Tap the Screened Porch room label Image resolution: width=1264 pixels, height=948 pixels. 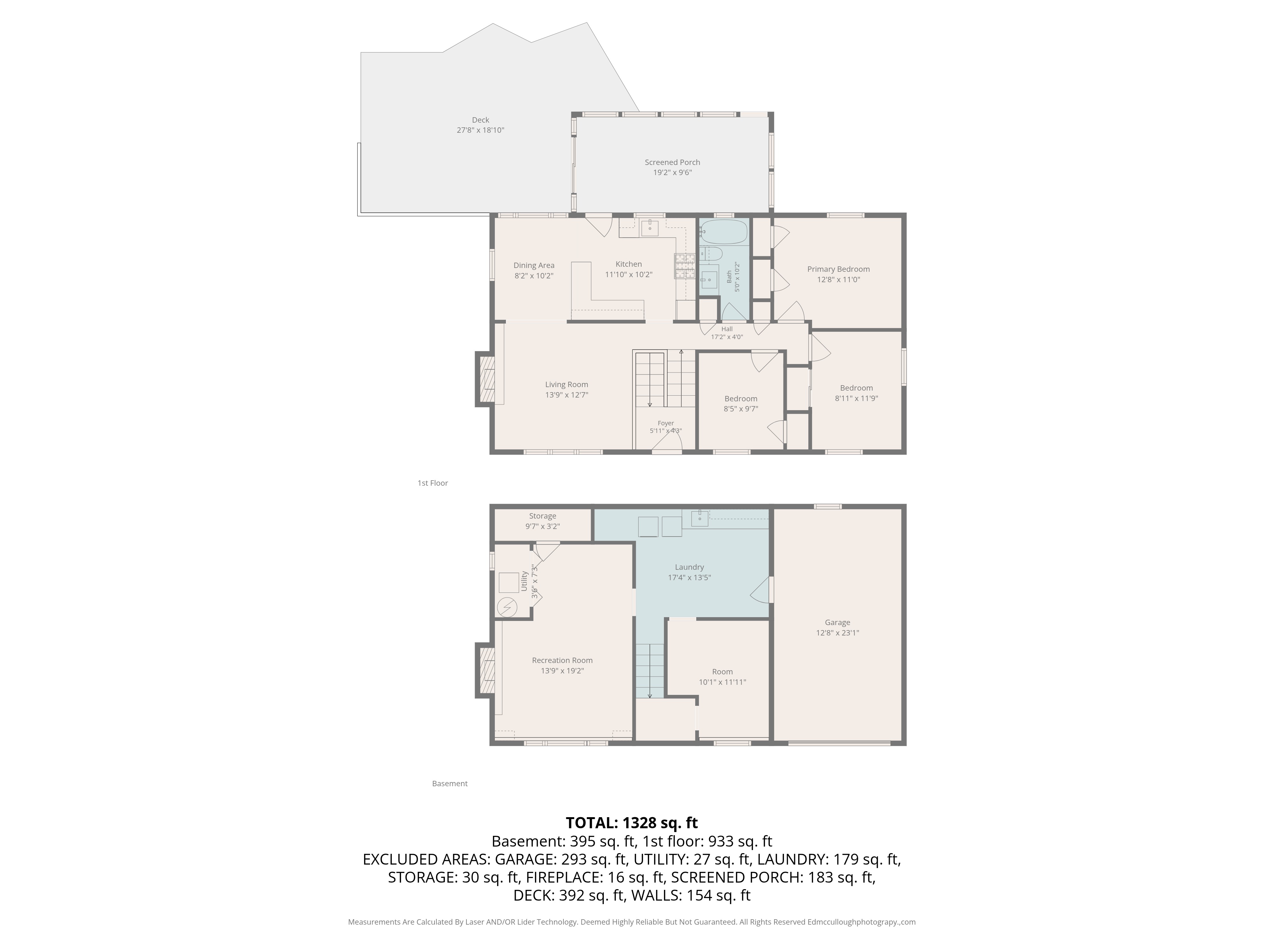(x=672, y=162)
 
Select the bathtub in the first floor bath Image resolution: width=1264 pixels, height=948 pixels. (x=723, y=232)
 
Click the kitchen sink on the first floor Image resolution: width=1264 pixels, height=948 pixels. (x=650, y=228)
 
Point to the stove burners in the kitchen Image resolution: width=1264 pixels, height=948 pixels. (x=684, y=266)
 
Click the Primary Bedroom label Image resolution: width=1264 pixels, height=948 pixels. (x=838, y=269)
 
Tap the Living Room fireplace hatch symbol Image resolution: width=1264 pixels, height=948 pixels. (x=487, y=380)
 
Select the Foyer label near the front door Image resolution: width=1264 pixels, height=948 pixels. (x=666, y=423)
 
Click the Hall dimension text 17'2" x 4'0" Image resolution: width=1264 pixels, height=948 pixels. (x=727, y=337)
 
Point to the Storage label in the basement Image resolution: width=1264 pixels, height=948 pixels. (x=542, y=516)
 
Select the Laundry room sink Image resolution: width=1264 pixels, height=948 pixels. (x=700, y=518)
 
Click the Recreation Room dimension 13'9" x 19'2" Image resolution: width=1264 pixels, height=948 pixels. (x=562, y=671)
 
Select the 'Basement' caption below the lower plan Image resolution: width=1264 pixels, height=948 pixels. (x=450, y=783)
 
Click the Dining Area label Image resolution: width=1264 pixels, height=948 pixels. (x=534, y=265)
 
